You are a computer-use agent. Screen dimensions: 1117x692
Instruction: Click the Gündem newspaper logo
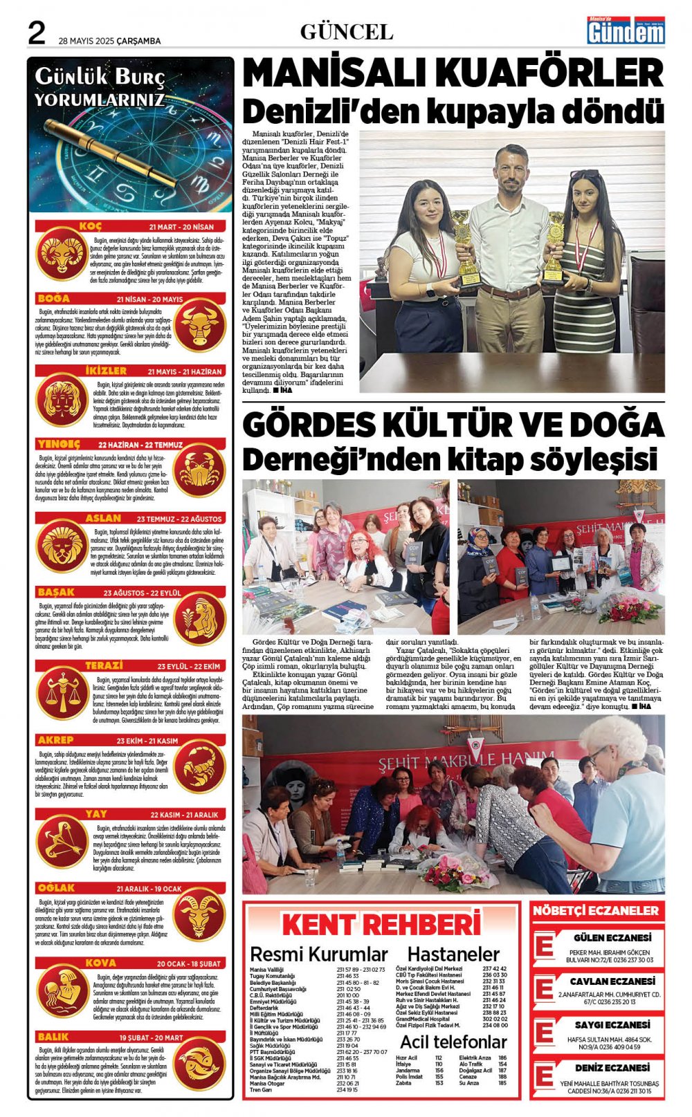point(626,30)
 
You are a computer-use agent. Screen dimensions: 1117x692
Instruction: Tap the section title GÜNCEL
point(346,32)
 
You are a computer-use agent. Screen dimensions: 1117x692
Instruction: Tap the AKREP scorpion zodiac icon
point(199,767)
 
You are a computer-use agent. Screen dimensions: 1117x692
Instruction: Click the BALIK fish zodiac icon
point(199,1064)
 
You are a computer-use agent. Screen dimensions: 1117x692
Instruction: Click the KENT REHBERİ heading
point(381,925)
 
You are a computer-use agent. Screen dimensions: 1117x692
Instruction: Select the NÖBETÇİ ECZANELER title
point(596,911)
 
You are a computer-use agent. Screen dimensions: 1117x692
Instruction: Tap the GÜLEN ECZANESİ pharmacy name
point(612,938)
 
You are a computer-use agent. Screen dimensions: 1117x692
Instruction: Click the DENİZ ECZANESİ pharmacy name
point(612,1068)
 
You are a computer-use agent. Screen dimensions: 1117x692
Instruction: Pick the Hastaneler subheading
point(453,954)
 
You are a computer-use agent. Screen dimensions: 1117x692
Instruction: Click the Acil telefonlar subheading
point(453,1042)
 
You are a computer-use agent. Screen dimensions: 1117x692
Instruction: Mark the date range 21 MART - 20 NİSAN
point(181,227)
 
